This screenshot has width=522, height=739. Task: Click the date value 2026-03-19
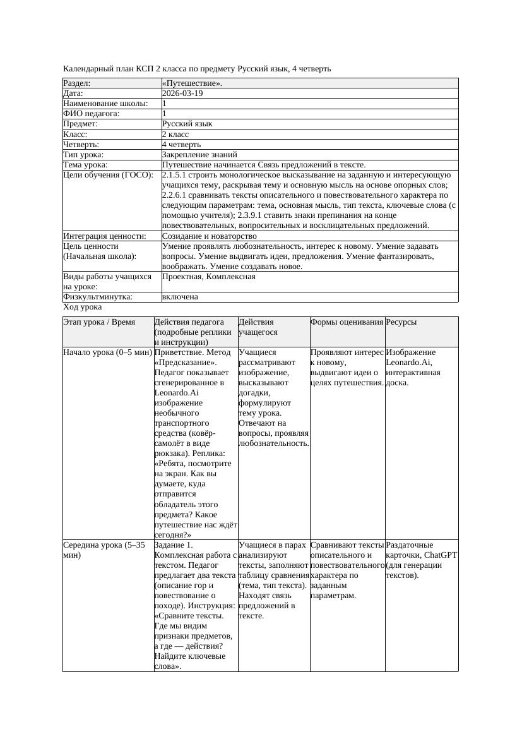[182, 93]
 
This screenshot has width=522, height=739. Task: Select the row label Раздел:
[77, 83]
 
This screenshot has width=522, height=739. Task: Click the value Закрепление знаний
[199, 154]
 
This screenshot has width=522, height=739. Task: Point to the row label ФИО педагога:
[92, 114]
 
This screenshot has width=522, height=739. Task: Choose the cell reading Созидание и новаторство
[209, 236]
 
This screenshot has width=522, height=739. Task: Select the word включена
[180, 297]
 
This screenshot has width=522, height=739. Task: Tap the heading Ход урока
[83, 307]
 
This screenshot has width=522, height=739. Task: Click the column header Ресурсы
[401, 322]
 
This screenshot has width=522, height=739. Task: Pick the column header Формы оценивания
[347, 322]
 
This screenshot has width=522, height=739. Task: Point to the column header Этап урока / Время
[99, 322]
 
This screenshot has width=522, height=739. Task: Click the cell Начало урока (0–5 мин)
[107, 352]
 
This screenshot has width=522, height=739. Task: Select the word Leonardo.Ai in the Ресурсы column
[408, 363]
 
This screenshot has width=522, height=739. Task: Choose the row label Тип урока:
[83, 154]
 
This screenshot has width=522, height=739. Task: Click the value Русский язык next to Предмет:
[187, 124]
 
